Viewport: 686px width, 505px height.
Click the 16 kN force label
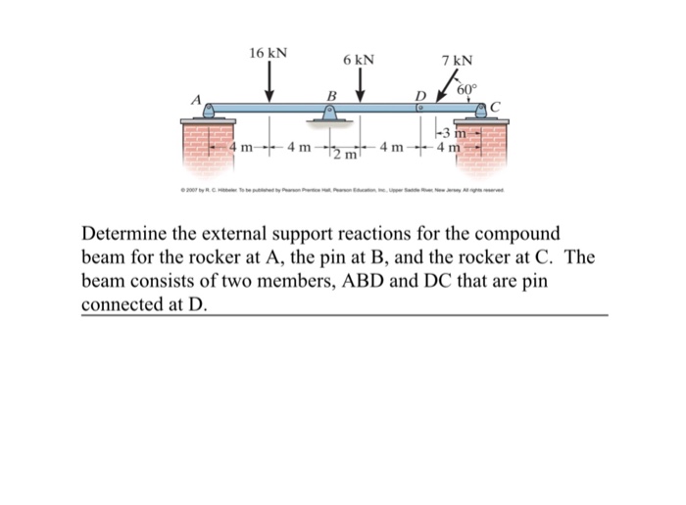click(269, 52)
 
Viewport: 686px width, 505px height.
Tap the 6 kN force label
click(359, 60)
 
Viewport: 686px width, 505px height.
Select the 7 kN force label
click(458, 61)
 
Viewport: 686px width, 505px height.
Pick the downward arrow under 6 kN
click(360, 88)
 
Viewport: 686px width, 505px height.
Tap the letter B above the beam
click(331, 95)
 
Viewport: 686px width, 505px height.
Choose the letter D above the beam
click(421, 95)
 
